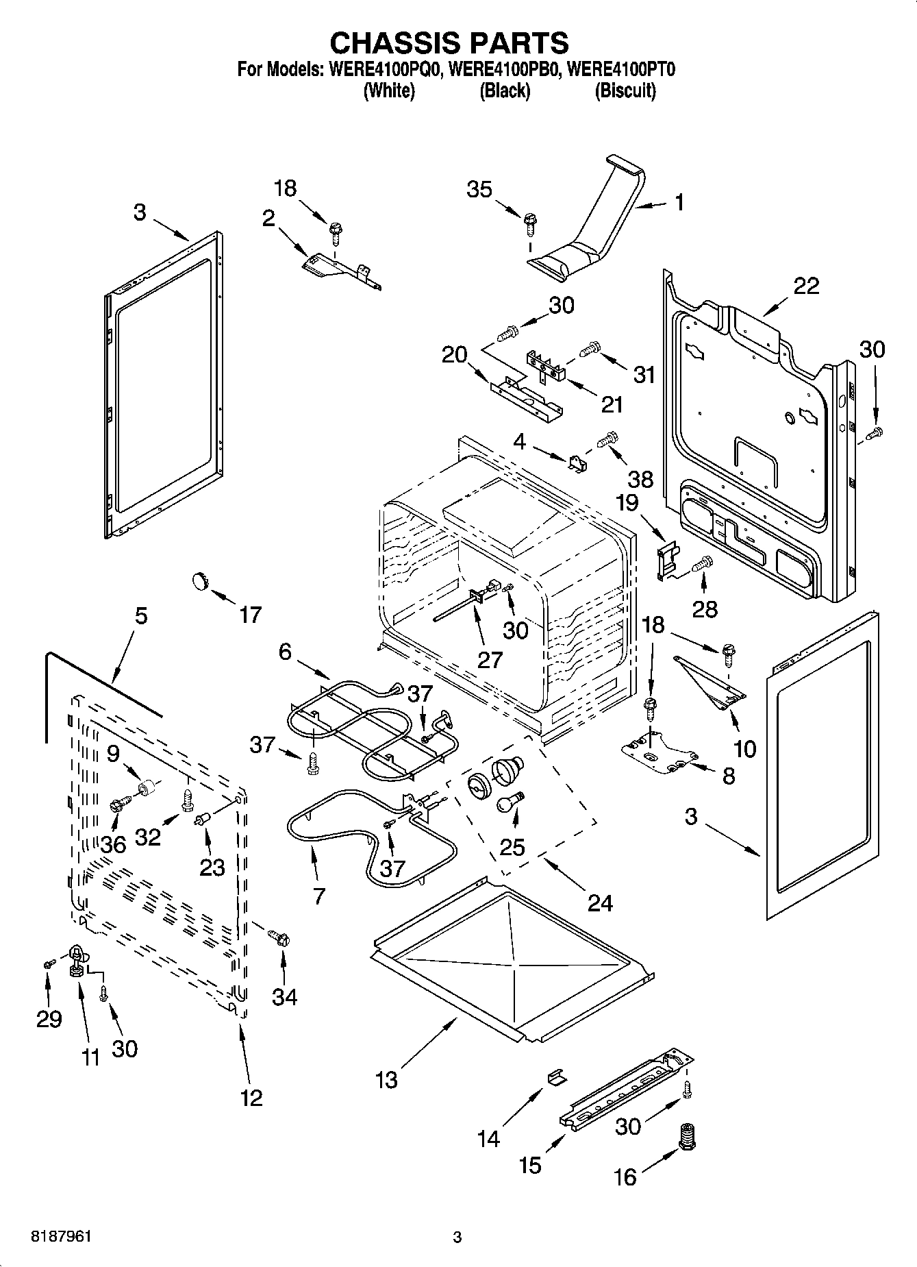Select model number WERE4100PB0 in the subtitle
[x=503, y=69]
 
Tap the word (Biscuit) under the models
[x=625, y=90]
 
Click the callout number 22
[x=805, y=286]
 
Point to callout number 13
[x=386, y=1080]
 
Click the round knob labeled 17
[x=199, y=581]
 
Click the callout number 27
[x=490, y=659]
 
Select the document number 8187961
[x=61, y=1236]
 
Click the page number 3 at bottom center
[x=457, y=1237]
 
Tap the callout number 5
[x=140, y=615]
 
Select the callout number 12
[x=251, y=1098]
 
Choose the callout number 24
[x=599, y=902]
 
